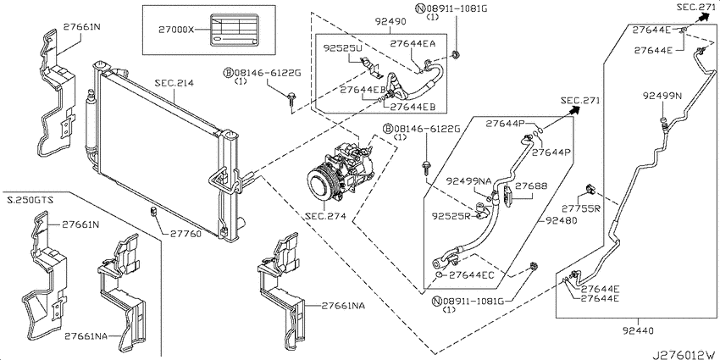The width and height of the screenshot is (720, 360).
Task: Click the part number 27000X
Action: click(x=176, y=30)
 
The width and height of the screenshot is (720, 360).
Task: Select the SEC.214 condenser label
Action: click(x=174, y=84)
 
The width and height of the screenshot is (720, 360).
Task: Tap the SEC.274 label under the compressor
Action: click(x=324, y=216)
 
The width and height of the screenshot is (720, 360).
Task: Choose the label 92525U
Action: click(x=342, y=47)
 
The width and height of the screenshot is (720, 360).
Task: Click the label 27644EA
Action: click(x=413, y=43)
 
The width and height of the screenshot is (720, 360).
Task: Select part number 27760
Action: click(x=186, y=234)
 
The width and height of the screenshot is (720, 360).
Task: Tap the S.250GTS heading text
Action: click(x=30, y=200)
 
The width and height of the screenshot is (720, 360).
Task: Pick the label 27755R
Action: click(x=581, y=209)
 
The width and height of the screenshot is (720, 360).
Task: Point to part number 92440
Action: click(x=639, y=330)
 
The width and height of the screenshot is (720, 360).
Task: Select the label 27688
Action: click(x=531, y=186)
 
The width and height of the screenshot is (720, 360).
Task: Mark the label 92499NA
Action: click(x=468, y=181)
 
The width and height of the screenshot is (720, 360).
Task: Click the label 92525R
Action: click(x=451, y=215)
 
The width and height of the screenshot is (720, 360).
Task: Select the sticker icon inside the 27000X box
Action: click(x=233, y=30)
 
